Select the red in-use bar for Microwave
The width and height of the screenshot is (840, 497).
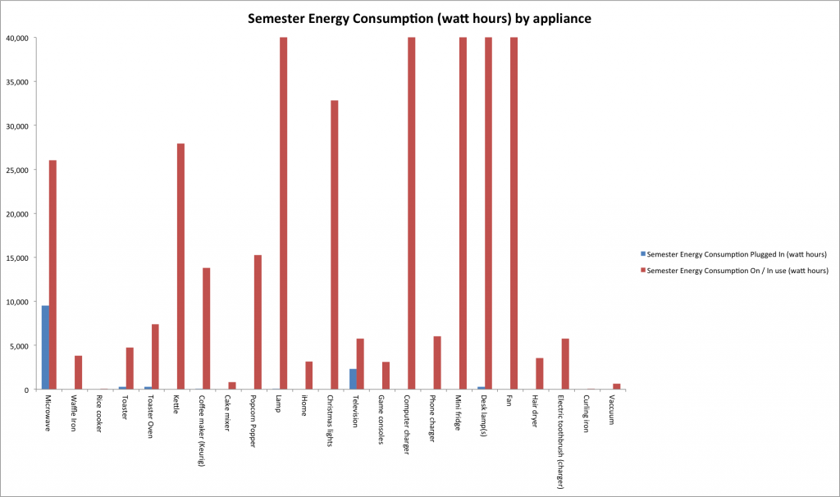click(52, 275)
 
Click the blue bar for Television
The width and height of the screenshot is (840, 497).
click(353, 379)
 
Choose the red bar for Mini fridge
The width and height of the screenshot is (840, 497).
click(463, 213)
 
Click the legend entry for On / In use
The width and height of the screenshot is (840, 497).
click(737, 270)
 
